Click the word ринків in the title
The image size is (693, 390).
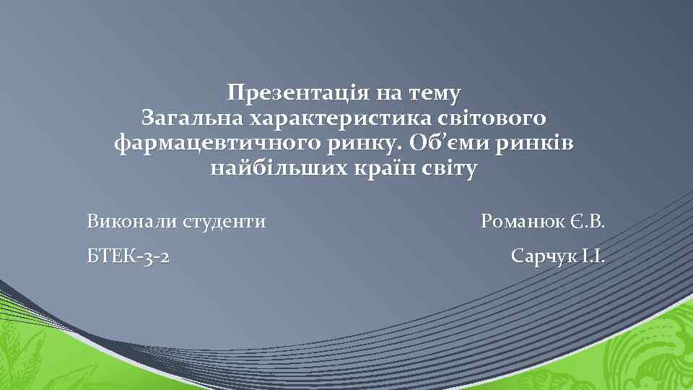[x=535, y=143]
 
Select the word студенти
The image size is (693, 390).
[x=224, y=221]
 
